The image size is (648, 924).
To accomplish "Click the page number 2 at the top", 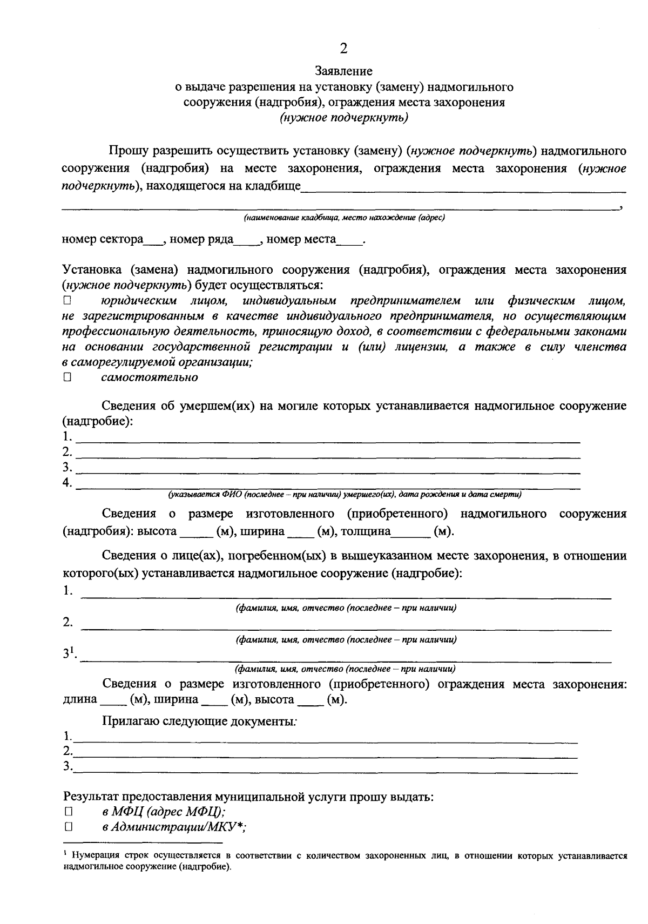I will (343, 49).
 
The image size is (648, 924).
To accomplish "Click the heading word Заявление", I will (343, 71).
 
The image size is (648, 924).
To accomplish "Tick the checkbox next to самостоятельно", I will (67, 377).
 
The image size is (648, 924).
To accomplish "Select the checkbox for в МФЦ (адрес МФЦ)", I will (67, 812).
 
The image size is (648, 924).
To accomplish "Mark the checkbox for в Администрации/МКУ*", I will (67, 827).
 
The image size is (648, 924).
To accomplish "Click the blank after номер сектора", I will (152, 241).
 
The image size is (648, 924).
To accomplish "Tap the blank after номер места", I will (349, 241).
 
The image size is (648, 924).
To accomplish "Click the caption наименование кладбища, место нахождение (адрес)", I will (344, 218).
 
